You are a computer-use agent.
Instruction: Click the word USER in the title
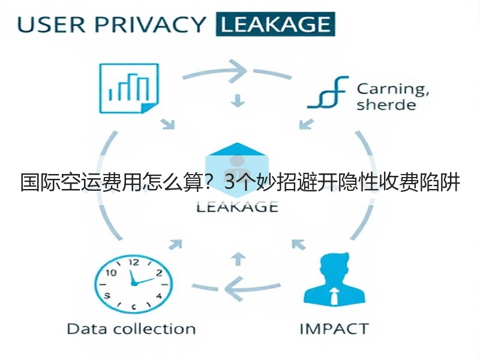52,25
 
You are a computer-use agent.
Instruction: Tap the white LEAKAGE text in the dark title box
275,25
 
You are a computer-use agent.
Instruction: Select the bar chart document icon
129,88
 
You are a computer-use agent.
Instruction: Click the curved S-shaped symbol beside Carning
328,92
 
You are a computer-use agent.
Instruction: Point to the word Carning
393,89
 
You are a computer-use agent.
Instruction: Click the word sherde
386,104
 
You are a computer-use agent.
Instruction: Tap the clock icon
133,284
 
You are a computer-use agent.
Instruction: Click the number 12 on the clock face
134,263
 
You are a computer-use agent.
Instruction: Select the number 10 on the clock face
111,272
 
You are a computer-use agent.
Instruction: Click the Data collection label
131,329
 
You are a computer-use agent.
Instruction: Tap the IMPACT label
334,329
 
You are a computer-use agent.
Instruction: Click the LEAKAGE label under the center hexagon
237,207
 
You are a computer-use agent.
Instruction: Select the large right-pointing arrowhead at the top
238,71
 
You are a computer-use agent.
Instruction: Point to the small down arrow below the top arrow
238,101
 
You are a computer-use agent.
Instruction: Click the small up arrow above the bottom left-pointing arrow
238,259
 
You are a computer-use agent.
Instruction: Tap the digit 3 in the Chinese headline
229,183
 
